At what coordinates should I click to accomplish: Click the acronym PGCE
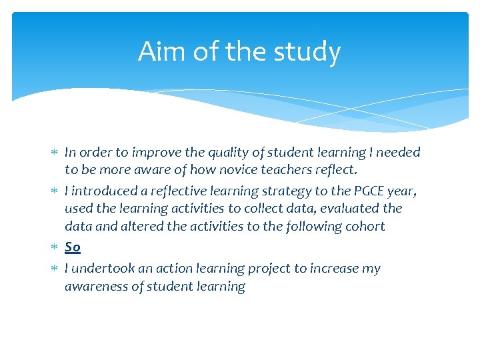[x=348, y=191]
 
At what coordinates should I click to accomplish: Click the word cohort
[x=364, y=226]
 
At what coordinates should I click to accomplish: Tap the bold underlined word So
[x=73, y=247]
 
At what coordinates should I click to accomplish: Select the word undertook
[x=101, y=269]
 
